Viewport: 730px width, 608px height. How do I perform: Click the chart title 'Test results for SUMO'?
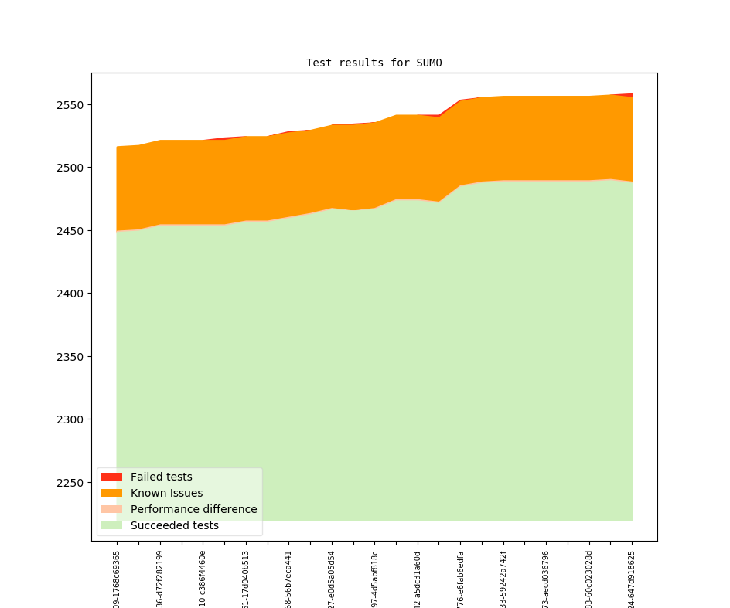coord(374,63)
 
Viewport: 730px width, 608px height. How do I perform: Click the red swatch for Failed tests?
coord(111,477)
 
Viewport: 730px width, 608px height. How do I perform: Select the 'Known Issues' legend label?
coord(166,493)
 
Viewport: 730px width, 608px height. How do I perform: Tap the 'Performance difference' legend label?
coord(193,509)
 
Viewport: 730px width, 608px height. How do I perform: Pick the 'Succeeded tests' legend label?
coord(174,525)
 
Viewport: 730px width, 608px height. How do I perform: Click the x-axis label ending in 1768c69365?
coord(117,578)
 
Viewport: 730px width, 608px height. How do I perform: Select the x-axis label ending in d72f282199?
coord(160,578)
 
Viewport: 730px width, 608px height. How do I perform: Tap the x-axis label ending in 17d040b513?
coord(246,578)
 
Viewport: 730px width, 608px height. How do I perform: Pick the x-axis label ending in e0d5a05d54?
coord(332,578)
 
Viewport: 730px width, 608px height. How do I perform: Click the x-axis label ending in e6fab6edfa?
coord(461,578)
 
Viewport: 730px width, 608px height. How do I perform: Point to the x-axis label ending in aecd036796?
coord(546,578)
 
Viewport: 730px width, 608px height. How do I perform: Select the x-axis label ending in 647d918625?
coord(632,578)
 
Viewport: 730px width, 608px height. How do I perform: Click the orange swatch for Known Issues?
coord(111,493)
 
